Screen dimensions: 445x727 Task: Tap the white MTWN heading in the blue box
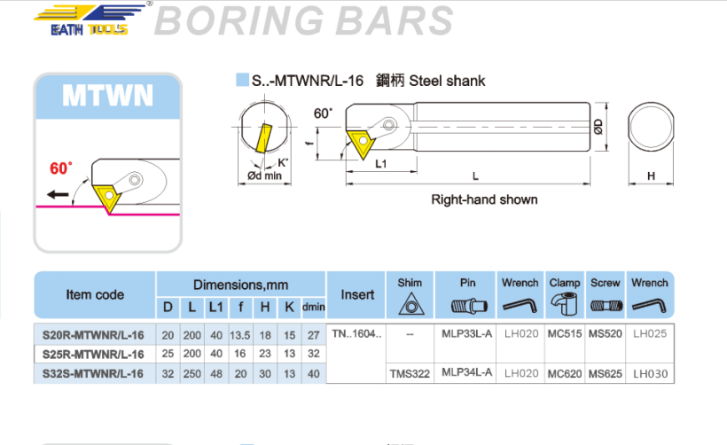coord(108,95)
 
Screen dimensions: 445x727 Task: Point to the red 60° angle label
coord(61,168)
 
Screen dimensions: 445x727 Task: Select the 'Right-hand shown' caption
coord(484,199)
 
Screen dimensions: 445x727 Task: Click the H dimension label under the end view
coord(651,176)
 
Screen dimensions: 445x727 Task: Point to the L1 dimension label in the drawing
coord(379,164)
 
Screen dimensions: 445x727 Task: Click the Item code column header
coord(95,294)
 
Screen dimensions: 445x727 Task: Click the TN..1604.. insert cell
coord(358,334)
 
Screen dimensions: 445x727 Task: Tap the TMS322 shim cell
coord(409,374)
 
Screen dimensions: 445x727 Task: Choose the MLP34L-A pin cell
coord(466,374)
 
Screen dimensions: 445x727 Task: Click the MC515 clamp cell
coord(565,334)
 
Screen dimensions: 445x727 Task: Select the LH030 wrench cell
coord(650,374)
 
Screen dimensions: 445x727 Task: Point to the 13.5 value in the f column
coord(237,334)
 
